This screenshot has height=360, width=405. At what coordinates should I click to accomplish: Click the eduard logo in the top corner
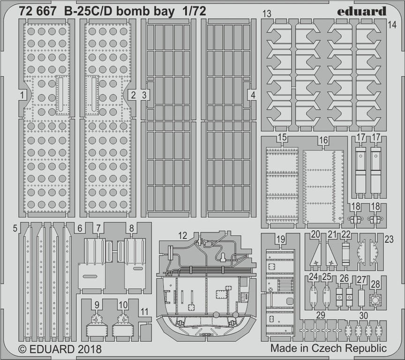361,11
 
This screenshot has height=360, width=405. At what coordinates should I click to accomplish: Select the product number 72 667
37,11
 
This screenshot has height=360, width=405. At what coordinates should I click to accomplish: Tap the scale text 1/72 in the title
194,11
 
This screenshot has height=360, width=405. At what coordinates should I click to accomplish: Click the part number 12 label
183,235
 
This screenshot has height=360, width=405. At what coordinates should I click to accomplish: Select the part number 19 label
280,239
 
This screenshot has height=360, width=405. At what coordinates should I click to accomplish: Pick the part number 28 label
375,284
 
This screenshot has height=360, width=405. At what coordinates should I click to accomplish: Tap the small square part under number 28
375,300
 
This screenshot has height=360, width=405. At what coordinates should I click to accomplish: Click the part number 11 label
144,312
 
